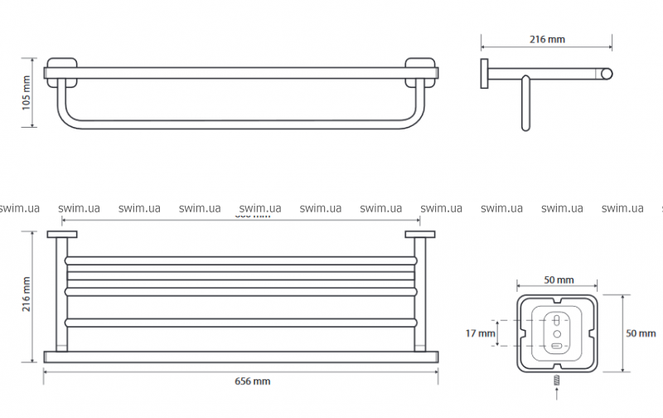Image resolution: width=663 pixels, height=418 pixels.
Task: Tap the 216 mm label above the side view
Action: pos(547,38)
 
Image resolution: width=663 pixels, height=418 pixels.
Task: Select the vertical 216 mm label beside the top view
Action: pos(26,294)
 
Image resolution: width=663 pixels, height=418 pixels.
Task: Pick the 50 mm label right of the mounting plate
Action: pos(640,333)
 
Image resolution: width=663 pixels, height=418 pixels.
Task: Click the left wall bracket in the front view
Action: pos(60,71)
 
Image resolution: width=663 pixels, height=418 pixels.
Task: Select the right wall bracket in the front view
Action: pos(421,71)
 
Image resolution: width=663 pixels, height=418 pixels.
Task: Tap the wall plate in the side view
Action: pos(483,73)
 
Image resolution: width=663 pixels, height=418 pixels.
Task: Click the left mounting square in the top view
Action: pos(60,236)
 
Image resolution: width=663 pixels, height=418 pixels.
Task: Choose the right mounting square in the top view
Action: pos(420,236)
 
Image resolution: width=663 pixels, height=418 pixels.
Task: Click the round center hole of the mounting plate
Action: pos(557,331)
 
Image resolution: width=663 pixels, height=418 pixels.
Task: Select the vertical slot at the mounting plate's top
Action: pos(557,318)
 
